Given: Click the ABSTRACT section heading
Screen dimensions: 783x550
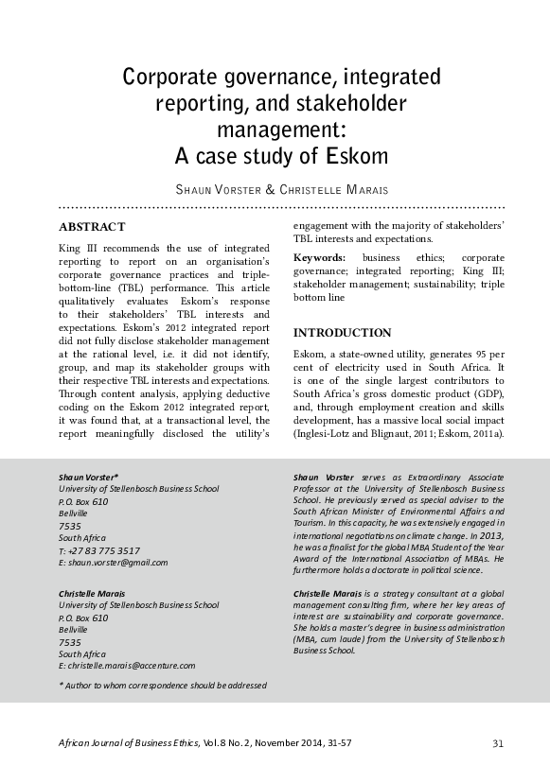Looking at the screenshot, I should click(92, 227).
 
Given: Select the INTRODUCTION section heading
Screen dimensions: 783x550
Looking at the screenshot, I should click(343, 333).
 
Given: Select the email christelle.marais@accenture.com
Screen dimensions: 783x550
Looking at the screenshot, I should click(131, 666).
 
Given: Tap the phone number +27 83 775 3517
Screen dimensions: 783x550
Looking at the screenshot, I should click(104, 549).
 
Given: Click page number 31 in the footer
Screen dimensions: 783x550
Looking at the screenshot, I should click(498, 742).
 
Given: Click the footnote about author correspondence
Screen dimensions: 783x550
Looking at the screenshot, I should click(163, 685).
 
